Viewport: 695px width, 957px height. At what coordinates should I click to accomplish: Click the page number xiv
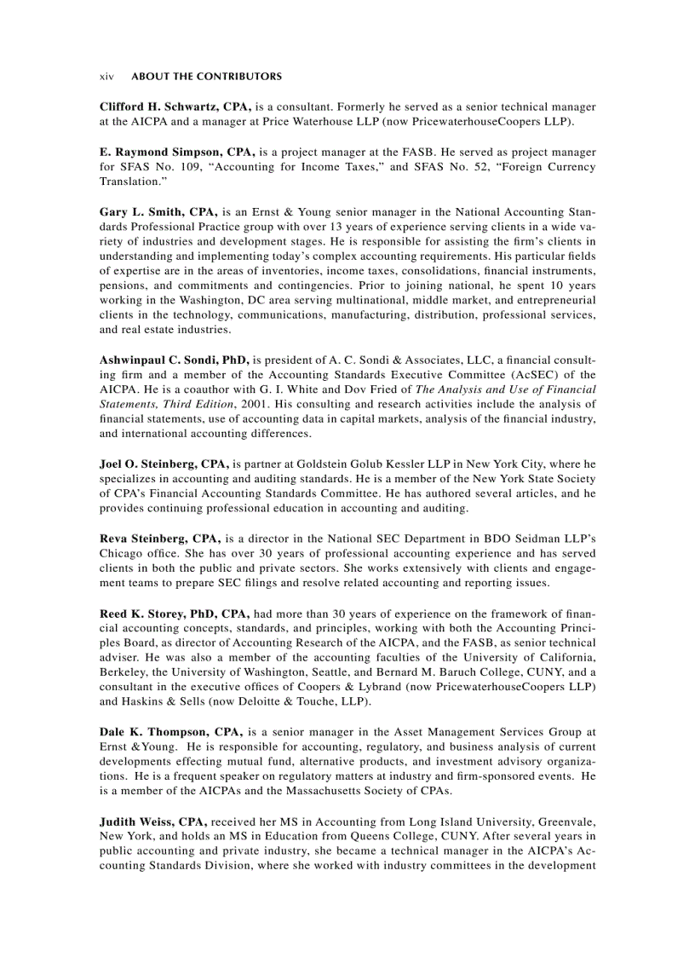106,77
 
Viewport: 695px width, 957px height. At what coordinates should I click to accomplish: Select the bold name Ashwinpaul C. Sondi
160,360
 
